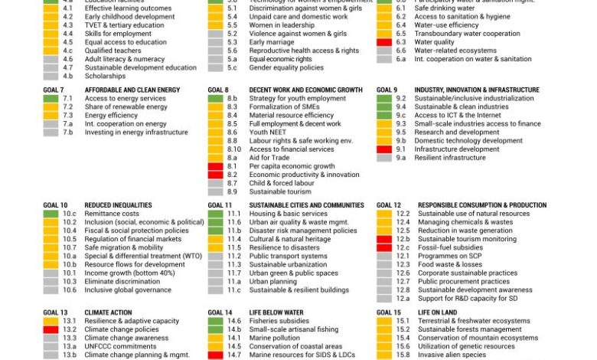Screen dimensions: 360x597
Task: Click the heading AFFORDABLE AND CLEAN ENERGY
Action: point(132,90)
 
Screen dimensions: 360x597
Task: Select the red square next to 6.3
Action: point(384,42)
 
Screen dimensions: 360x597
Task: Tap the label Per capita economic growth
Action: point(292,166)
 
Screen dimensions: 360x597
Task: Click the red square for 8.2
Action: point(215,175)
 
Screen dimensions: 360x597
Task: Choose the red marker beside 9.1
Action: point(384,149)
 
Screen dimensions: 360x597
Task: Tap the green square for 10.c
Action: point(50,214)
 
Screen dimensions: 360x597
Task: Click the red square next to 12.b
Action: point(384,239)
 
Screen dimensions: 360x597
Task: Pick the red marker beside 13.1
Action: point(50,329)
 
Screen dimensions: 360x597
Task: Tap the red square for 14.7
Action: point(215,355)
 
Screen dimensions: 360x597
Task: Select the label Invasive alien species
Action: point(451,355)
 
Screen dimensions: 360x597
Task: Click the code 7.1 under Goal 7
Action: point(67,99)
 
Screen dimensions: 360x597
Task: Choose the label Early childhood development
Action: point(119,16)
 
